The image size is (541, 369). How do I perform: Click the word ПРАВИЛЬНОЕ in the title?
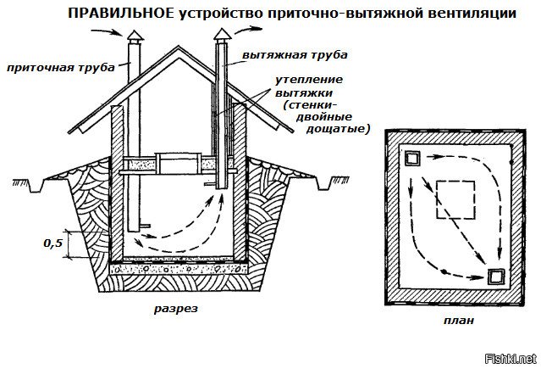click(121, 14)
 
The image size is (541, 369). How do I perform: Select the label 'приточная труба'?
click(61, 67)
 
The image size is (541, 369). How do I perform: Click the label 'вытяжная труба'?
click(295, 55)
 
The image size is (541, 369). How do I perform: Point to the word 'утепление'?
click(309, 81)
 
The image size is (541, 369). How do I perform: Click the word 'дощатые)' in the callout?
click(338, 129)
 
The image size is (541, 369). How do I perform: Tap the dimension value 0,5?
click(53, 243)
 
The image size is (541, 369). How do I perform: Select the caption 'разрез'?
click(176, 309)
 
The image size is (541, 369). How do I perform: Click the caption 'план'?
click(459, 321)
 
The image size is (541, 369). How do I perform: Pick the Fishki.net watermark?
click(511, 359)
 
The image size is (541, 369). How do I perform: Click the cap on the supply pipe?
click(135, 36)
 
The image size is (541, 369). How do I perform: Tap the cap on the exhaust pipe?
click(222, 35)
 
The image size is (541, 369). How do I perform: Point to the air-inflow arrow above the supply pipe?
click(107, 32)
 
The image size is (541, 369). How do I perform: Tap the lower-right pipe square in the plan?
click(496, 277)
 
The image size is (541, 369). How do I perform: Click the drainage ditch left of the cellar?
click(36, 186)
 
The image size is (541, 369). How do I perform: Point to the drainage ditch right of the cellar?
click(323, 184)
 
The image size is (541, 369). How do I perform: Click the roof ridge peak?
click(178, 48)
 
